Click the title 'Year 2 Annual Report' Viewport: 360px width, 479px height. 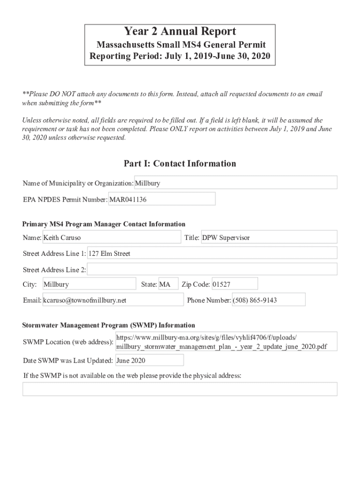coord(180,32)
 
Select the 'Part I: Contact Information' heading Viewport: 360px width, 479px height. coord(180,164)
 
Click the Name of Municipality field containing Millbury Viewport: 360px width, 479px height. coord(236,183)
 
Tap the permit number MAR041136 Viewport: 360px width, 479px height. coord(162,199)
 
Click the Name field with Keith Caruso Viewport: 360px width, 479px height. coord(111,238)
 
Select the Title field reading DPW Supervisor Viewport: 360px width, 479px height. coord(268,238)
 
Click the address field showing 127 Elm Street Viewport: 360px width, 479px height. coord(212,254)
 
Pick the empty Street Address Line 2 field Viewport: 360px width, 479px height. coord(212,269)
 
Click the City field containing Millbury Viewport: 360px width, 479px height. coord(89,284)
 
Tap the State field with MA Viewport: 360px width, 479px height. coord(168,284)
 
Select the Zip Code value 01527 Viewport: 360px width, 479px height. coord(234,284)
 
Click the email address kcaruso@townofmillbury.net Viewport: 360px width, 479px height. coord(113,300)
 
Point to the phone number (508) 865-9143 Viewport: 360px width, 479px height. coord(268,300)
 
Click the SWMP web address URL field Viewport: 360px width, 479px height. coord(226,342)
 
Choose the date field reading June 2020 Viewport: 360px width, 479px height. coord(149,361)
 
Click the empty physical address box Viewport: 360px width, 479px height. coord(180,389)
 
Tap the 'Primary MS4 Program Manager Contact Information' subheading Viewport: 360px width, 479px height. coord(104,224)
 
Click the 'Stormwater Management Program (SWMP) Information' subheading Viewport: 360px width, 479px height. coord(109,325)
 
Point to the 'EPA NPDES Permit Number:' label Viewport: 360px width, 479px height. coord(65,200)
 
